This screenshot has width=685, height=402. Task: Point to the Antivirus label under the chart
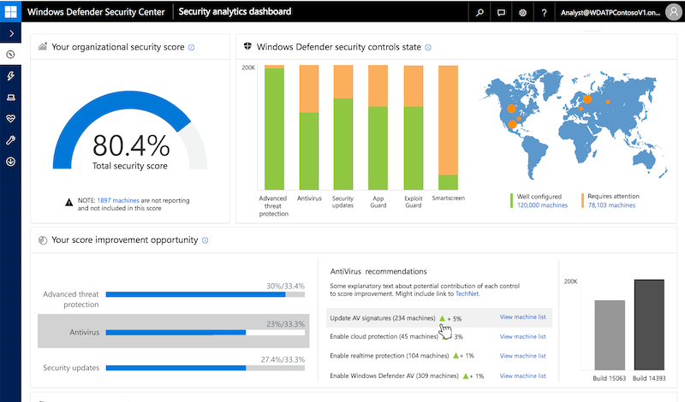[308, 197]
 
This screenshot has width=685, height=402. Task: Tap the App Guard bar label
[378, 201]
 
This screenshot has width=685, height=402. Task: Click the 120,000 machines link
[542, 205]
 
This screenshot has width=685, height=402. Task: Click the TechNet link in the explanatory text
[468, 293]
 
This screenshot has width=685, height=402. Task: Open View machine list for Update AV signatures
[522, 317]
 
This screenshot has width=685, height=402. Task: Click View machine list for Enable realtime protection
[522, 356]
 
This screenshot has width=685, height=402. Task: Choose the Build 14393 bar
[649, 325]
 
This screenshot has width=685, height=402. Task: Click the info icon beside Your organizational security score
[191, 47]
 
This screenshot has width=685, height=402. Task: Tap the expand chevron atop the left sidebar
[11, 33]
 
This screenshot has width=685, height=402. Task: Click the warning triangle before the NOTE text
[69, 201]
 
